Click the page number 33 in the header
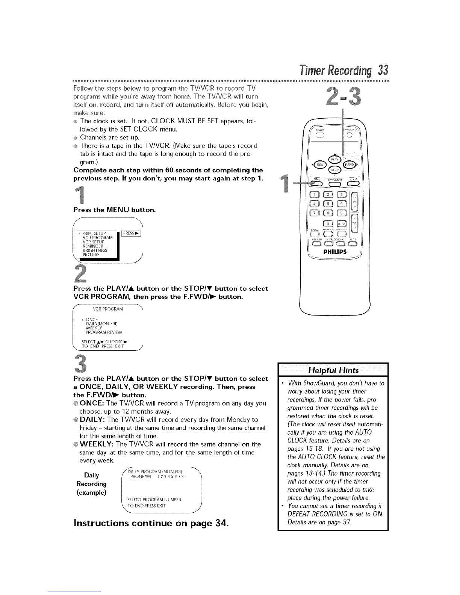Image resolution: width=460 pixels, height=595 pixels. pos(383,70)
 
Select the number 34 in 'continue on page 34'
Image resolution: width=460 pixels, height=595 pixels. pos(219,523)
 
